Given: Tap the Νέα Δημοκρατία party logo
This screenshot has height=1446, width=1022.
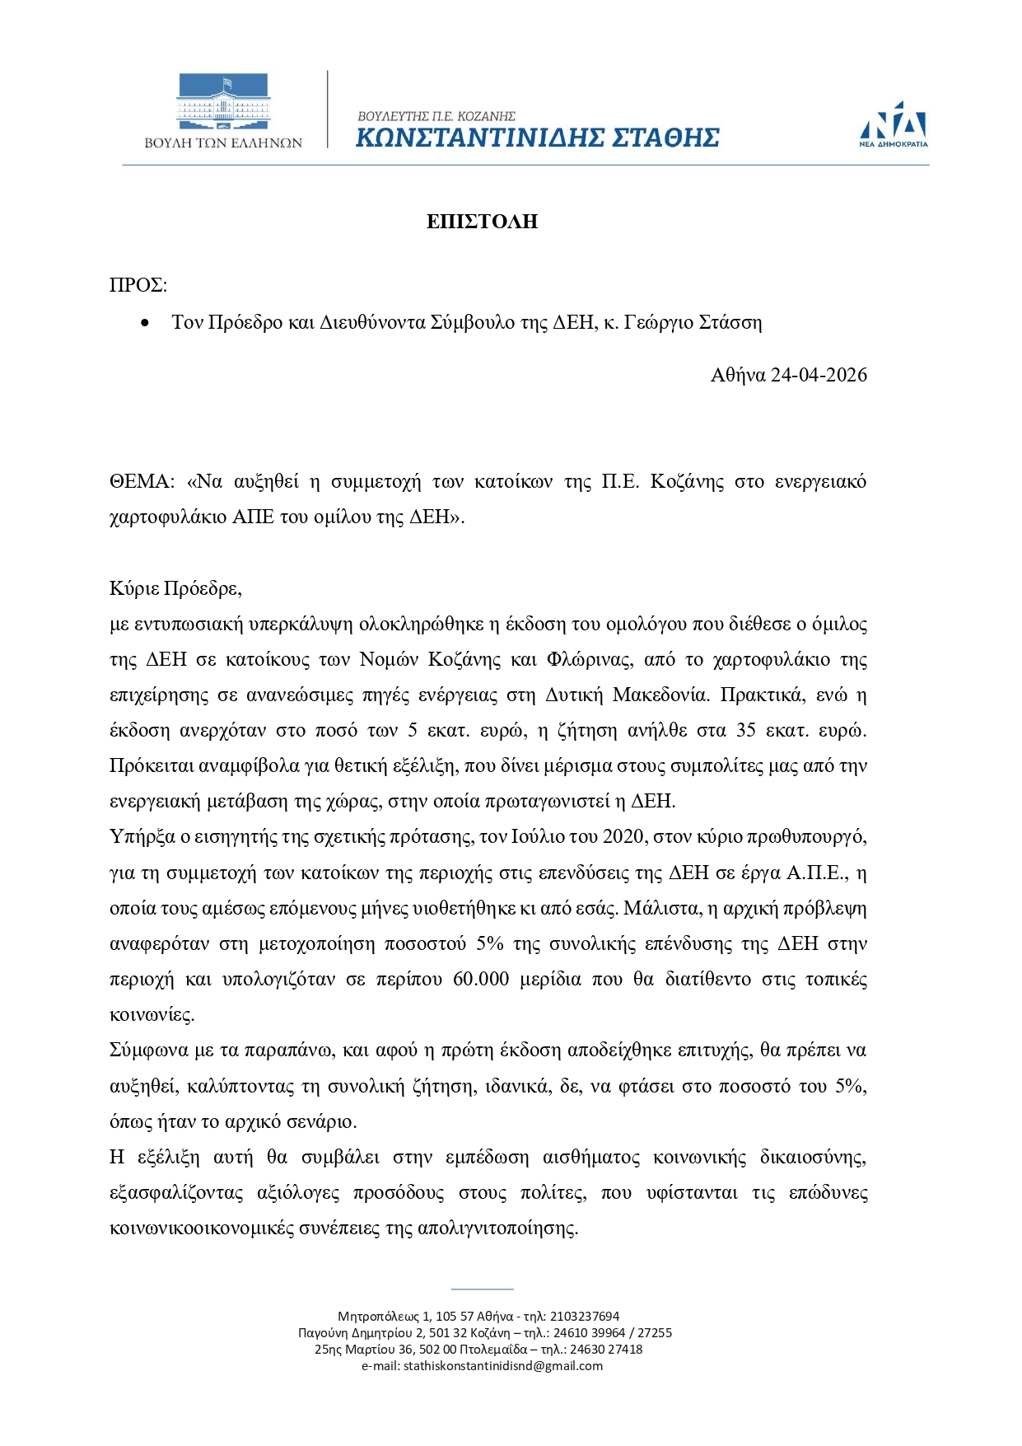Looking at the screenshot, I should [x=894, y=124].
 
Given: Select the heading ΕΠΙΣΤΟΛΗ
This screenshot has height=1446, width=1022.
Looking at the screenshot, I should [x=482, y=221].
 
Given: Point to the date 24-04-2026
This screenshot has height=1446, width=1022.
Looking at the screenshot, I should [x=818, y=375].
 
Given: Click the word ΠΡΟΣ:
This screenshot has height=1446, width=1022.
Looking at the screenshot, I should [x=138, y=285].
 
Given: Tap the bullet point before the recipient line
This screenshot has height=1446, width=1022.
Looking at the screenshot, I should [x=146, y=323].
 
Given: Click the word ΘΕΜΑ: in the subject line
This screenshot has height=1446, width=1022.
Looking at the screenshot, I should [x=142, y=481].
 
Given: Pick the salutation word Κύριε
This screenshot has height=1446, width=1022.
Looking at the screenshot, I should [x=134, y=588].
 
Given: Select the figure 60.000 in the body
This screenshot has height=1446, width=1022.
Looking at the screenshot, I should [x=481, y=979].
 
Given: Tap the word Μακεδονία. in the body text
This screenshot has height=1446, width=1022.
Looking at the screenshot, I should [x=660, y=695].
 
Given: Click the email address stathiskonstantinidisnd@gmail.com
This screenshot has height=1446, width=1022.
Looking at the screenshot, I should [x=502, y=1365].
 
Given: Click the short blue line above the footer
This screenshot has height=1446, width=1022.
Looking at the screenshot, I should [x=482, y=1289].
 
